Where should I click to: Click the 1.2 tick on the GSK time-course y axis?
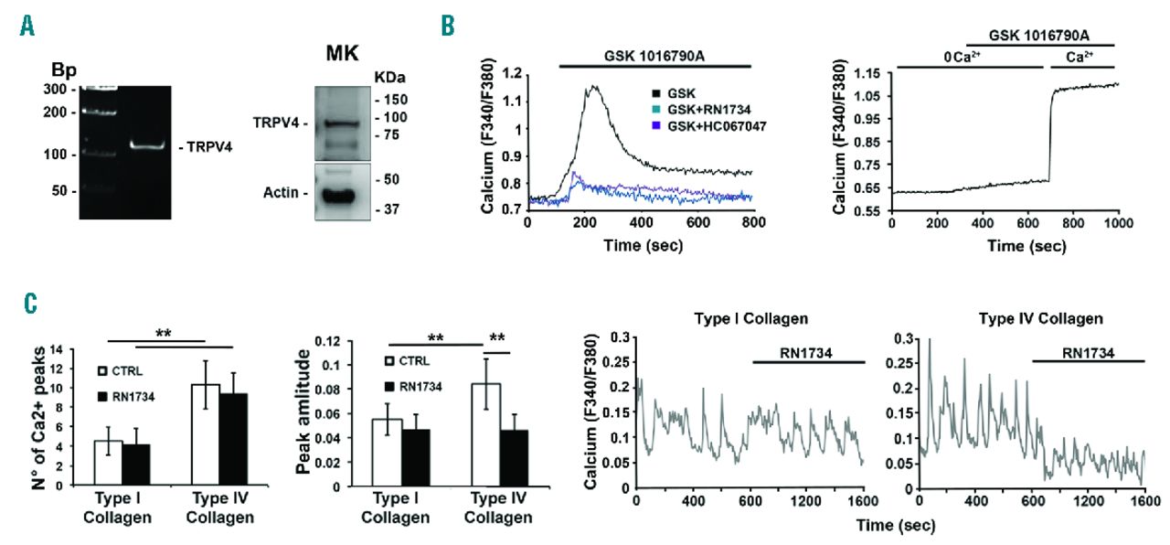pos(511,72)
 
